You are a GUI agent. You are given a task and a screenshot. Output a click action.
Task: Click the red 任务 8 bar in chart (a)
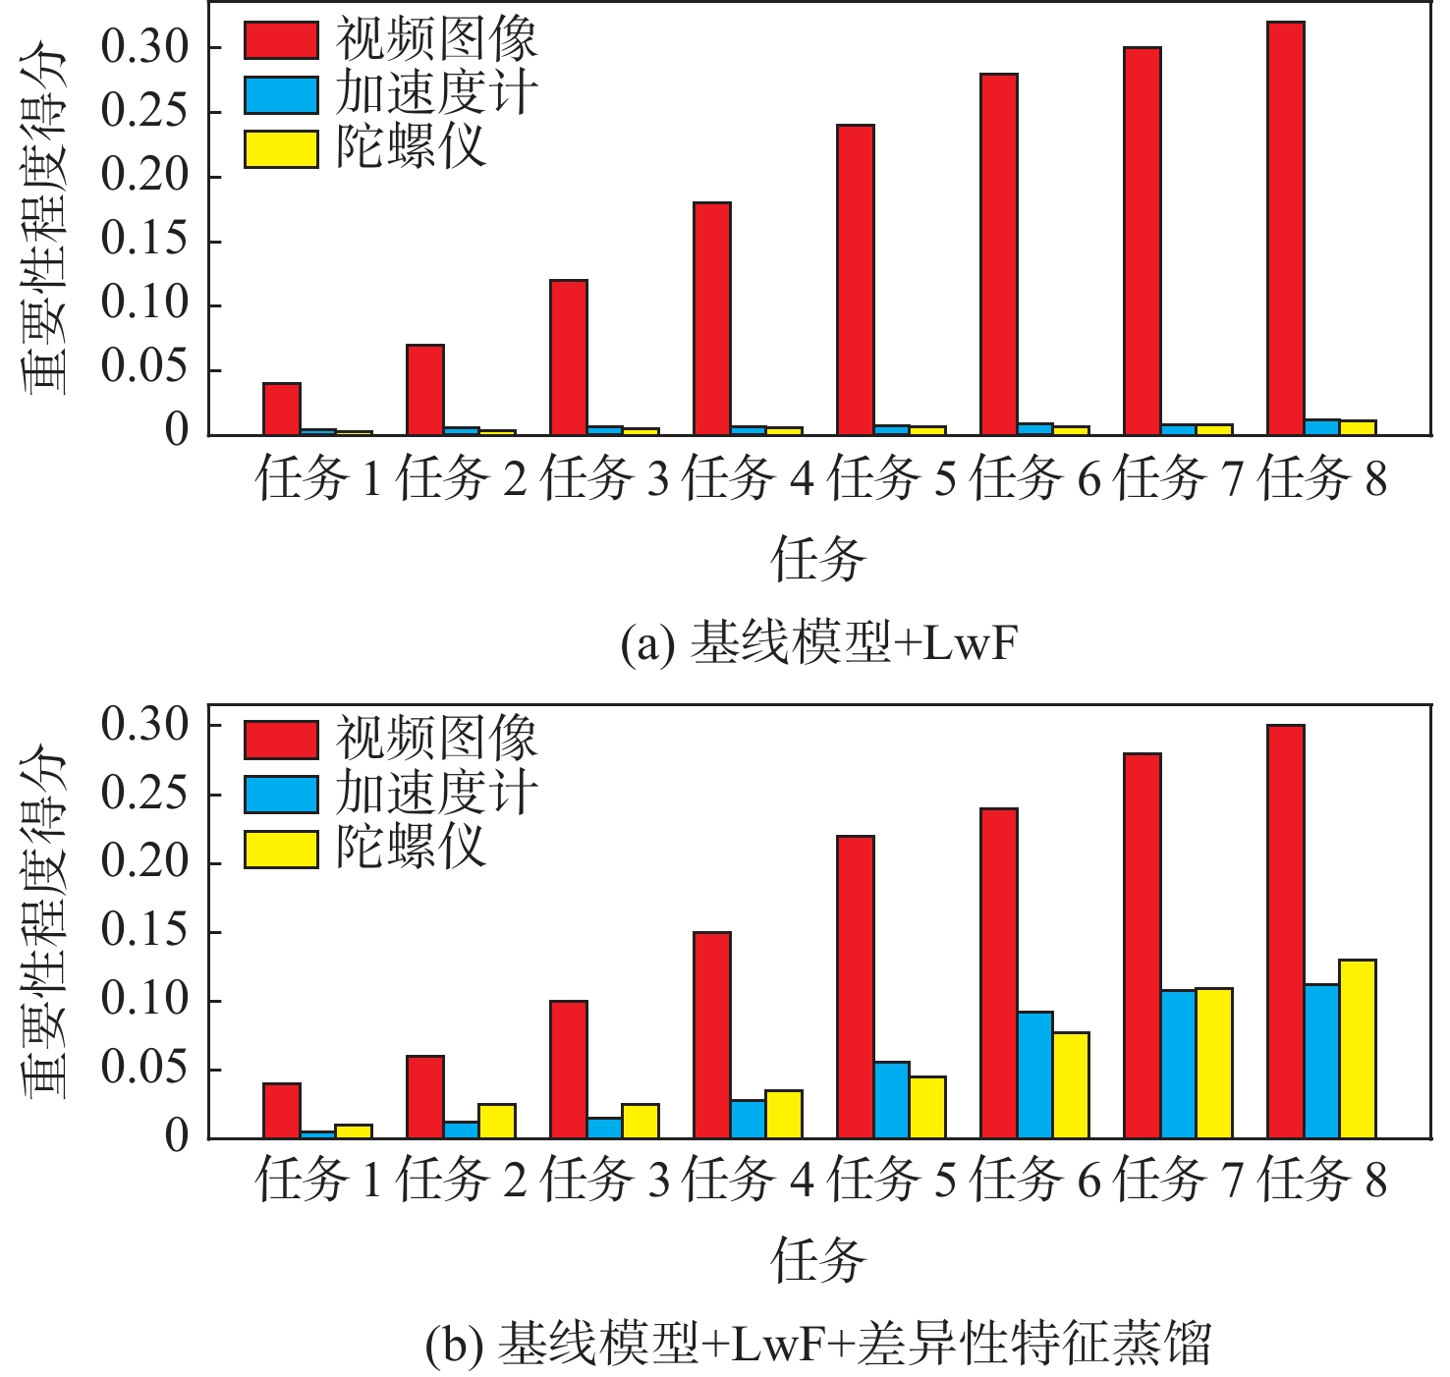click(x=1285, y=228)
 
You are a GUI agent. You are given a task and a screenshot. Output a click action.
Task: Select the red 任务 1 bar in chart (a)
click(x=281, y=409)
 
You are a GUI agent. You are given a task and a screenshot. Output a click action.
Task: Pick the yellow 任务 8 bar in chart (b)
click(x=1358, y=1049)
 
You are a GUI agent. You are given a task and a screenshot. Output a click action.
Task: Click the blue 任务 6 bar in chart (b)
click(x=1034, y=1074)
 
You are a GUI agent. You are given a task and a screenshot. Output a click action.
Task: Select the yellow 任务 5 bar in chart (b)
click(x=927, y=1107)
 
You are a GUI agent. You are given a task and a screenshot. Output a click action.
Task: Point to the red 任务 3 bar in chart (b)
click(x=568, y=1070)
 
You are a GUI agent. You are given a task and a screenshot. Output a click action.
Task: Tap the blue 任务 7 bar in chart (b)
click(x=1178, y=1064)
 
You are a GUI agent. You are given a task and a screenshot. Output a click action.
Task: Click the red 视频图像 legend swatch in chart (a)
click(x=281, y=40)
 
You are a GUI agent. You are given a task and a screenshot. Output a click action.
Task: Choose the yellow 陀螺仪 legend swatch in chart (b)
click(x=281, y=849)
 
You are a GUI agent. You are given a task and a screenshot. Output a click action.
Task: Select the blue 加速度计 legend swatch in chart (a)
click(x=281, y=95)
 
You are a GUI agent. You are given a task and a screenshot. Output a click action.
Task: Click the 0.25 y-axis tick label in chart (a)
click(x=143, y=111)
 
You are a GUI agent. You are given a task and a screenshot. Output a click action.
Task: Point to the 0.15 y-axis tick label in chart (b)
click(x=143, y=931)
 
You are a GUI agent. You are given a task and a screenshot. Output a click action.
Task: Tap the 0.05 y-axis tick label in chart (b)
click(x=143, y=1069)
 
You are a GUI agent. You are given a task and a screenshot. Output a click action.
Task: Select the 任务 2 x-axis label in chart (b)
click(x=461, y=1179)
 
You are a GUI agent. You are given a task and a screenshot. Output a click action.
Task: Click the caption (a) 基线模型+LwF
click(x=818, y=644)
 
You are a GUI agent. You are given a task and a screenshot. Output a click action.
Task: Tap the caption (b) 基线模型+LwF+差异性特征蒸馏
click(x=818, y=1344)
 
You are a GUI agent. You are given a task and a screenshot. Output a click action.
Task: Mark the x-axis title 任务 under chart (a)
click(x=818, y=560)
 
